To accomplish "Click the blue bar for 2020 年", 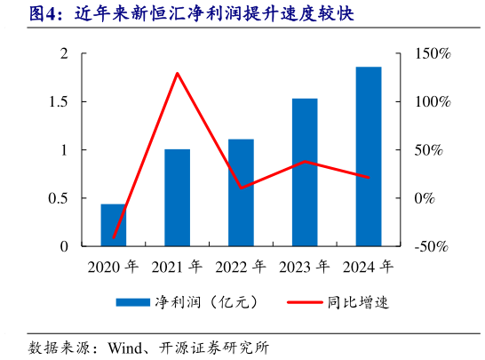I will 113,225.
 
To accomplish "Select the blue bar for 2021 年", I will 177,197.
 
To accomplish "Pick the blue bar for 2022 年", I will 241,192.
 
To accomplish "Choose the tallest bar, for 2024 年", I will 369,156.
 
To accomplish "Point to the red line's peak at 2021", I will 177,73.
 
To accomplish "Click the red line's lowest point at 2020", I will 114,238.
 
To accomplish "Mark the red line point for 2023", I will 305,161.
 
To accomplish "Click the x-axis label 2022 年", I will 241,266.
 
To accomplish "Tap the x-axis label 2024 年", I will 369,266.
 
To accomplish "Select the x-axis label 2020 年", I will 113,266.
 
